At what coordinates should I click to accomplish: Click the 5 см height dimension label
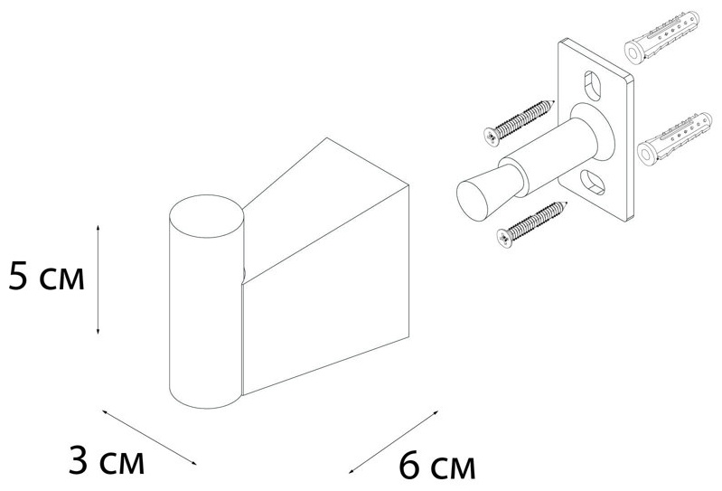[x=46, y=277]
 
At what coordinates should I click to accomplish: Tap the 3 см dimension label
[x=107, y=460]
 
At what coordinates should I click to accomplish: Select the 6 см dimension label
[x=436, y=466]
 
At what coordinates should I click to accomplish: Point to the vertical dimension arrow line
[x=98, y=279]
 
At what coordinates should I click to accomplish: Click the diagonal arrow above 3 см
[x=149, y=437]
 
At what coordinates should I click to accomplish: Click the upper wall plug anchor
[x=661, y=36]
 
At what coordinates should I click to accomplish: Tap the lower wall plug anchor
[x=675, y=138]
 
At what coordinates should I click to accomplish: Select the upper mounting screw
[x=519, y=122]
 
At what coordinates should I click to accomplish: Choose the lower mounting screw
[x=532, y=224]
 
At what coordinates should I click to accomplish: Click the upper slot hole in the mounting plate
[x=593, y=86]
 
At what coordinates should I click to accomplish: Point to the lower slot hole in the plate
[x=593, y=183]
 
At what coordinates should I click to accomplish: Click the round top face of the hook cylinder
[x=206, y=216]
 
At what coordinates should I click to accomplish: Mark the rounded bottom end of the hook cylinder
[x=205, y=397]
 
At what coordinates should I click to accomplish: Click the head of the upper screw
[x=492, y=137]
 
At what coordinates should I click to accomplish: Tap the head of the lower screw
[x=505, y=239]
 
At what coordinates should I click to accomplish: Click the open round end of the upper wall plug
[x=633, y=53]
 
